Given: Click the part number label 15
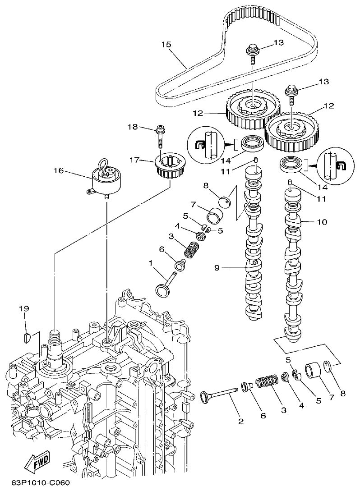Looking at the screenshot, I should click(x=166, y=44).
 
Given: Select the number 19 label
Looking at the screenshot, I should click(x=24, y=308).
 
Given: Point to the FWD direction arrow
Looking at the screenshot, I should click(x=37, y=463).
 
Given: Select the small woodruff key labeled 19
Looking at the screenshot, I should click(x=26, y=336).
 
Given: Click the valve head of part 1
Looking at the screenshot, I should click(x=162, y=290).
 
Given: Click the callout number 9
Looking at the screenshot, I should click(x=217, y=268).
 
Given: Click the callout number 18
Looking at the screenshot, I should click(x=132, y=128).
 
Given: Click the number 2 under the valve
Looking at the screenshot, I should click(x=240, y=422).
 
